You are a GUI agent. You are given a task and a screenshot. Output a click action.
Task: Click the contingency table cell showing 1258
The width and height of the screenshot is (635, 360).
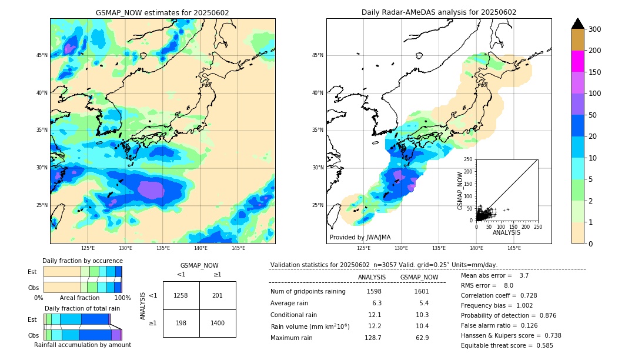pos(181,295)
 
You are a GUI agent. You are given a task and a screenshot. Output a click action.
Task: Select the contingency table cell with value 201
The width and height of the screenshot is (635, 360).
pos(218,295)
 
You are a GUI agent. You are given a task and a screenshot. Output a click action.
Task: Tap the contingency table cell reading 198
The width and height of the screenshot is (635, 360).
pos(181,324)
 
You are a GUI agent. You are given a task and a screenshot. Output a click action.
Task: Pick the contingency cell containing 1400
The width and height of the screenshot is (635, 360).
pos(218,324)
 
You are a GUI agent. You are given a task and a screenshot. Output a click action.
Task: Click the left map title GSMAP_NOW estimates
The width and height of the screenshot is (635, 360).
pos(162,13)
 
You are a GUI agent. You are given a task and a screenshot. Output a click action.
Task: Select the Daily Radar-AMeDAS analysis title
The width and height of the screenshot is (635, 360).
pos(439,13)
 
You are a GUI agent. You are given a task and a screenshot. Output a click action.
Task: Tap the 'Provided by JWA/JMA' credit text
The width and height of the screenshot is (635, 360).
pos(360,238)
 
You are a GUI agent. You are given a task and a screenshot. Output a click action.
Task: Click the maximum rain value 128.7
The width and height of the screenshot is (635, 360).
pos(373,338)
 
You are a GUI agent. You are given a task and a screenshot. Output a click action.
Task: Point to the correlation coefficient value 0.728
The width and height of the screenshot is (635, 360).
pos(524,295)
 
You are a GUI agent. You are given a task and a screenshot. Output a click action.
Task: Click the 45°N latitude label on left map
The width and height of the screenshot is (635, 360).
pos(42,55)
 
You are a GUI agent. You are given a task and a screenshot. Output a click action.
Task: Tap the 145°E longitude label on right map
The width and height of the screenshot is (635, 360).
pos(514,249)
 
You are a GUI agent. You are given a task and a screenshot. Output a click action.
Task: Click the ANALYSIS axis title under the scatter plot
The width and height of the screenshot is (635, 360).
pos(506,233)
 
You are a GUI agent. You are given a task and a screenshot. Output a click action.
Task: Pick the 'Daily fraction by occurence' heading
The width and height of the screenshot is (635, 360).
pos(82,261)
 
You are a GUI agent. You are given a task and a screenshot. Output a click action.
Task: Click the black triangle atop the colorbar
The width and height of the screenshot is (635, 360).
pos(578,24)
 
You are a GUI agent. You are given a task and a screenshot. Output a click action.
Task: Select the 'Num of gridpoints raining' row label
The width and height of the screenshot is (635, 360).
pos(308,292)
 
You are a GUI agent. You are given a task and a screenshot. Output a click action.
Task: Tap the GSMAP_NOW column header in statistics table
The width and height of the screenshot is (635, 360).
pos(419,277)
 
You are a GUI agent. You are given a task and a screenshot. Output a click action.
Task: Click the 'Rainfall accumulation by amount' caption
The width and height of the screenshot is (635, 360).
pos(82,345)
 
